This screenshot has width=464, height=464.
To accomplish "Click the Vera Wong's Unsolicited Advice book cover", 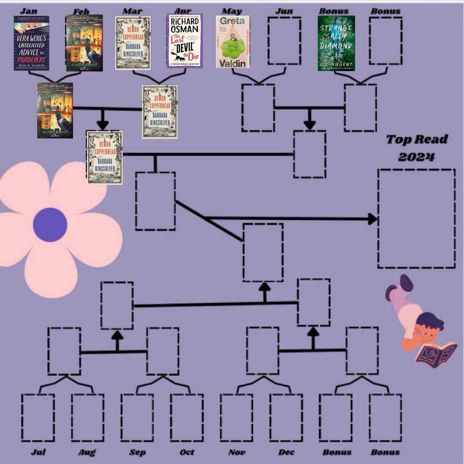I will pos(31,43).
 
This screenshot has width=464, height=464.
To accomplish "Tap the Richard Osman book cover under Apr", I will pos(184,41).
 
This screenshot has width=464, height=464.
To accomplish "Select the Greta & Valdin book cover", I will pos(232,42).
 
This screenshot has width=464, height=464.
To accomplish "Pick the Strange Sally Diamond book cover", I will pos(336,43).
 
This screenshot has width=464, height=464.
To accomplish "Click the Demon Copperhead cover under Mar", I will pos(132,43).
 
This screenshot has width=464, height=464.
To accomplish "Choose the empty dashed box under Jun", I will pos(284,41).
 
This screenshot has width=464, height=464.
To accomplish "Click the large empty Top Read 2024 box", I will pos(416,218).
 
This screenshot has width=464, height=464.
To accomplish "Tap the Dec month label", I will pos(286,452).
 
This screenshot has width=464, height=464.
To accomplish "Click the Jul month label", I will pos(38,452).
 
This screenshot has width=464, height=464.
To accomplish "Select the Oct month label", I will pos(187,452).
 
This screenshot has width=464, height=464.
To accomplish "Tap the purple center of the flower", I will pos(50,224).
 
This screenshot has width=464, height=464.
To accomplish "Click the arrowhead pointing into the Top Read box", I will pos(372,219).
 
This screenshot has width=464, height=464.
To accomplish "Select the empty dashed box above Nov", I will pos(237,418).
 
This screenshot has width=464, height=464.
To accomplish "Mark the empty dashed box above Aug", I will pos(88,418).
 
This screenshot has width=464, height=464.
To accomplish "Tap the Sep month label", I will pos(137,452).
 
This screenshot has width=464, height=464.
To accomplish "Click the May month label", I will pos(232,11).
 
